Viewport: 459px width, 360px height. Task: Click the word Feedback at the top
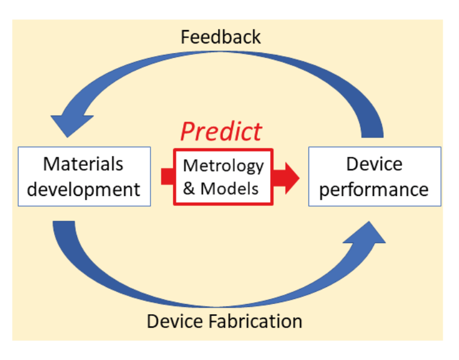[x=220, y=37]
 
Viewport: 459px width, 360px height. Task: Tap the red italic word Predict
[x=221, y=131]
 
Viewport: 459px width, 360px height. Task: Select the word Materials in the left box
[x=83, y=164]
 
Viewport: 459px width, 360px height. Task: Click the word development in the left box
[x=84, y=189]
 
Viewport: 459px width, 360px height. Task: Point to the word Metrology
[x=223, y=166]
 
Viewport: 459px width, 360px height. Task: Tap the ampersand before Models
[x=190, y=188]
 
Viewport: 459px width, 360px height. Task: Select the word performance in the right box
[x=374, y=189]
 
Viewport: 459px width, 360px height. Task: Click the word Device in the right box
[x=374, y=164]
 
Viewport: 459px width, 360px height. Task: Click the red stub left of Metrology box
[x=167, y=177]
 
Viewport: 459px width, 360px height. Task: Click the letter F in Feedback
[x=186, y=37]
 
